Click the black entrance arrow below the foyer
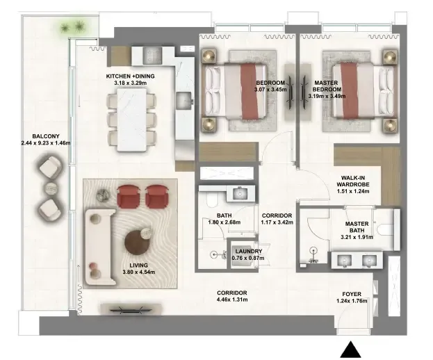tap(350, 350)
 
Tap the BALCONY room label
tap(46, 136)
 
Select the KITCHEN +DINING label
tap(131, 76)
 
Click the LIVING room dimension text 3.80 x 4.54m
tap(139, 272)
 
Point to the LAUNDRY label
tap(249, 251)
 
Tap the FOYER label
tap(352, 294)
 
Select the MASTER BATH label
tap(357, 227)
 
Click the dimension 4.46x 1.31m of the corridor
tap(232, 300)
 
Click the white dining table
tap(131, 120)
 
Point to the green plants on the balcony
tap(72, 27)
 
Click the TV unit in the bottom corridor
tap(131, 309)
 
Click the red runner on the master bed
tap(350, 91)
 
